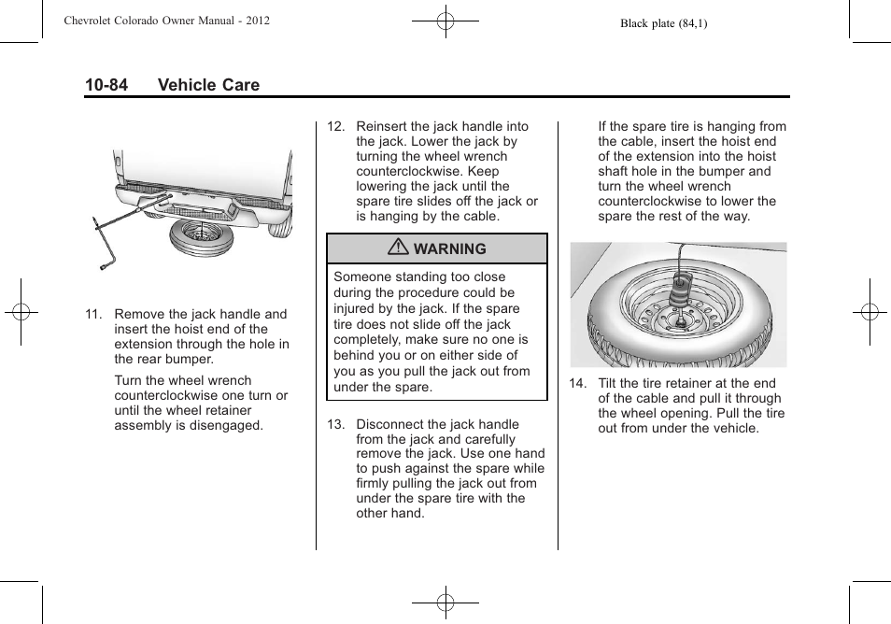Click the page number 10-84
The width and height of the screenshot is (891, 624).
(106, 85)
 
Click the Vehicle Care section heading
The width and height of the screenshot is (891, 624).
(208, 85)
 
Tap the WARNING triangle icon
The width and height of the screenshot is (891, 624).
(401, 248)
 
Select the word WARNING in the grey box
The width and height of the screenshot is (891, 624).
(450, 249)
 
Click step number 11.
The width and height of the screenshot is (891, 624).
(92, 314)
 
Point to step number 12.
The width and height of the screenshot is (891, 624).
(335, 126)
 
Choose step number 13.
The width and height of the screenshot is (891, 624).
(335, 424)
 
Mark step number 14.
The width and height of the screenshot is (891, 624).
(577, 383)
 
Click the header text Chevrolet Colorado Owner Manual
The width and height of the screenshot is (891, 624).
(166, 20)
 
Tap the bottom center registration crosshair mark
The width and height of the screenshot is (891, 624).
(445, 603)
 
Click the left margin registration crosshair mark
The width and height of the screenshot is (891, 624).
(21, 311)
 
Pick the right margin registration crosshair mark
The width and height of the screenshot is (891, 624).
(870, 311)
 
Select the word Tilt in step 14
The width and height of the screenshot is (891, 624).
(609, 383)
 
